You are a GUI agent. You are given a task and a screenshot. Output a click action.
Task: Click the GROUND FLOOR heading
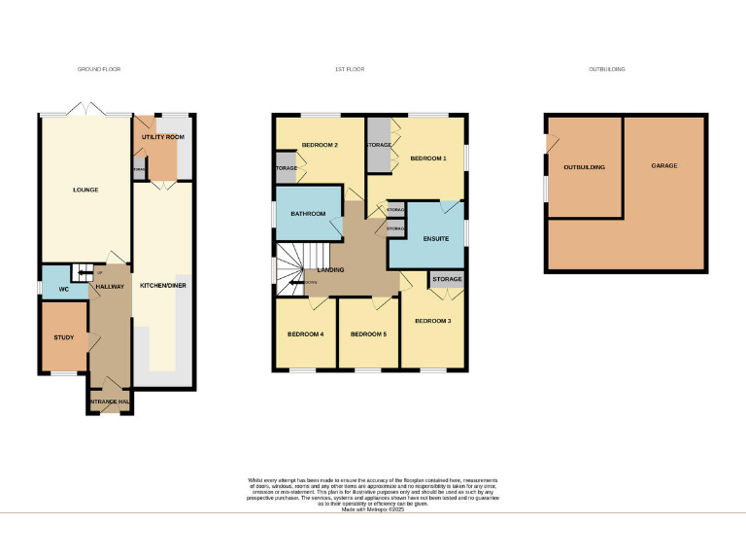point(99,70)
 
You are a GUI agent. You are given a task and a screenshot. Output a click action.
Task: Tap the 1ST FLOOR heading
point(349,70)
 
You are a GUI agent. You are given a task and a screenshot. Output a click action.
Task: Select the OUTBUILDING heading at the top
point(607,70)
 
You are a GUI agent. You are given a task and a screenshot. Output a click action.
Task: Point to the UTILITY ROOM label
point(162,138)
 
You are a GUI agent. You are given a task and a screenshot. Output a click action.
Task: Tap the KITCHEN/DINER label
point(162,286)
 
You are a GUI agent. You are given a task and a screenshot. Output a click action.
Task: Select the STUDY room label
point(63,337)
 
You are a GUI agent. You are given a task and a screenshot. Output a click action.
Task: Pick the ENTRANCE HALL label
point(110,402)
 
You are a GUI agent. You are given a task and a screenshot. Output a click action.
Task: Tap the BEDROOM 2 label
point(320,145)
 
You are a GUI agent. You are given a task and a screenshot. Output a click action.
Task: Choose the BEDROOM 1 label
point(427,157)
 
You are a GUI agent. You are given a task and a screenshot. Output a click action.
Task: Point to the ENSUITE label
point(435,238)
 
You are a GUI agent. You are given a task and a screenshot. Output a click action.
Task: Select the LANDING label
point(329,269)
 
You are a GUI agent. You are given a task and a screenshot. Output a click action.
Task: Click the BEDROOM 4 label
point(305,334)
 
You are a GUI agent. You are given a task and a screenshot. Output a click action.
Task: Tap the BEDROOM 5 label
point(368,334)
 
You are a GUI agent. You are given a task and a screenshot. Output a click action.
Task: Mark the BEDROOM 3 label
point(433,321)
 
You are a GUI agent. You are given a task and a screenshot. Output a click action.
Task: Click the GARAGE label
point(664,165)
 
